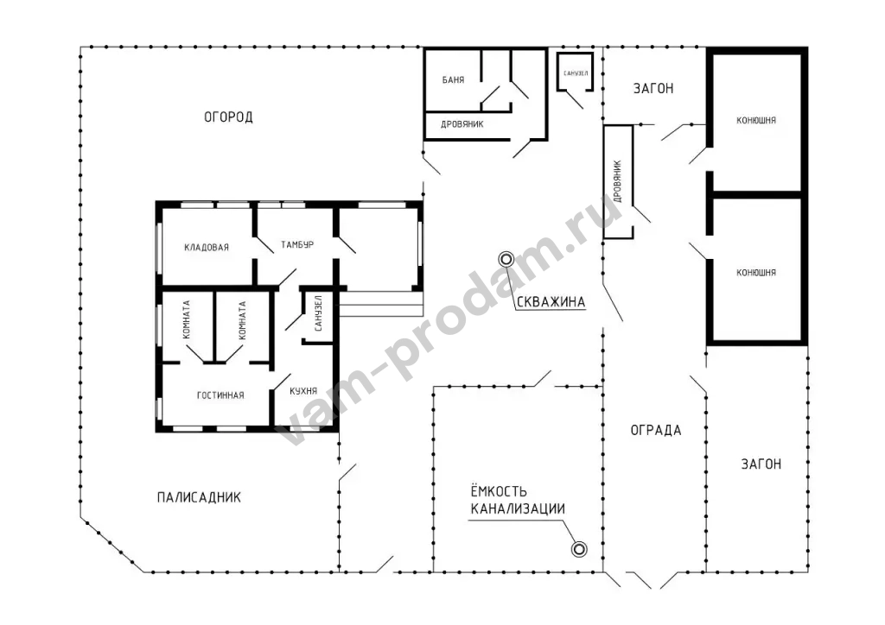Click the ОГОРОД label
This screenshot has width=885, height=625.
[x=228, y=117]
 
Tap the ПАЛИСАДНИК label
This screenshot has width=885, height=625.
[x=199, y=497]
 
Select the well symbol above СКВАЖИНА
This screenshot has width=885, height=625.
[x=506, y=259]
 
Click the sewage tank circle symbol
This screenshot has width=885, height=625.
[x=579, y=549]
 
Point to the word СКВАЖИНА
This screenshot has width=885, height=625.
[x=551, y=301]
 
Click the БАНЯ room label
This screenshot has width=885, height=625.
[x=453, y=80]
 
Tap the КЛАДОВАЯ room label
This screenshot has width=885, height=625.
[x=207, y=247]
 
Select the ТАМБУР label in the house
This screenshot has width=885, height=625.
[x=297, y=244]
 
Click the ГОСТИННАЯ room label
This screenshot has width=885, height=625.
[x=220, y=395]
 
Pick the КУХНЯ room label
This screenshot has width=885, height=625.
[x=303, y=390]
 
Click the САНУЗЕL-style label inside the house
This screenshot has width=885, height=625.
[x=318, y=313]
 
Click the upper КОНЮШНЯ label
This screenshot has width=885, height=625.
[x=755, y=120]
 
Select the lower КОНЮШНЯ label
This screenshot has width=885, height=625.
[x=755, y=272]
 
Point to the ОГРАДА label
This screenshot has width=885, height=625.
[x=656, y=430]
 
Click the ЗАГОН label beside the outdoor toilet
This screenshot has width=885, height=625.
[x=653, y=88]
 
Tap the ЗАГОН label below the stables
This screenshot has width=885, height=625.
[x=761, y=464]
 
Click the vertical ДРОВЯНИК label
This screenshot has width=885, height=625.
[x=617, y=181]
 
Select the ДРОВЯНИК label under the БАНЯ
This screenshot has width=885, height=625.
[x=462, y=124]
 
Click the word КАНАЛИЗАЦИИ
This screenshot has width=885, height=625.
[x=518, y=508]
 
